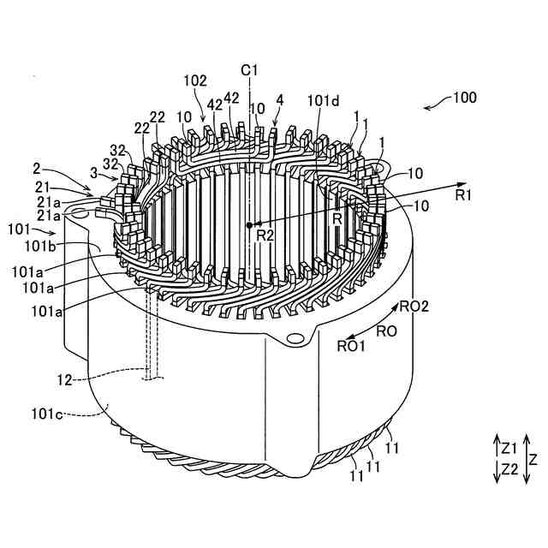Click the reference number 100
click(x=465, y=98)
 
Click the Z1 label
click(x=509, y=447)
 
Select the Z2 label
click(x=509, y=468)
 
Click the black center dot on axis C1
click(x=249, y=225)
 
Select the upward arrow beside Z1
click(x=496, y=447)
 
